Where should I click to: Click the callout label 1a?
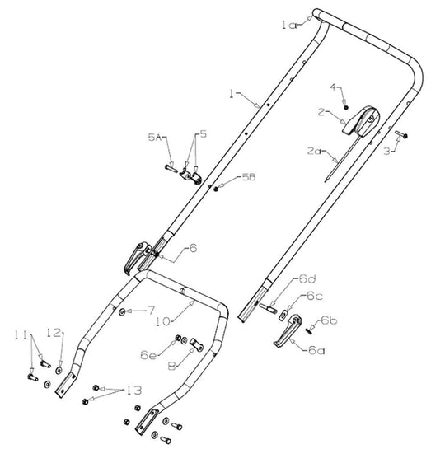point(288,26)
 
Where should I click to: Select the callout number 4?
point(334,87)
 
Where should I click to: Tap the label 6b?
point(330,320)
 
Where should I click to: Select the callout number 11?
point(21,334)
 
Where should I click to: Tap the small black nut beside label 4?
point(348,108)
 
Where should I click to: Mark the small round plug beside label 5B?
point(216,188)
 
